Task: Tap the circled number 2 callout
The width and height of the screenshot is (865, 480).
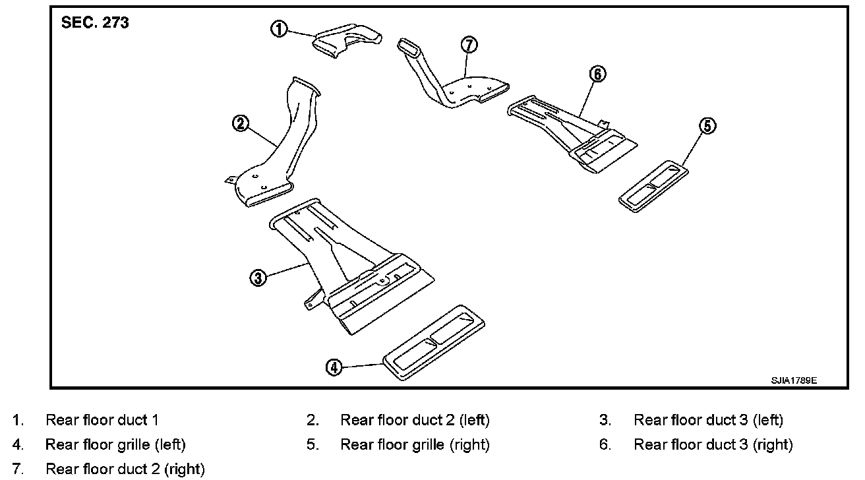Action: click(241, 123)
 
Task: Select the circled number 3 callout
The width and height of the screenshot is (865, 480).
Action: click(258, 278)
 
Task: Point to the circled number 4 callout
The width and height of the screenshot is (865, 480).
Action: click(334, 367)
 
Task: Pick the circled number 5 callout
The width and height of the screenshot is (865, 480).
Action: click(707, 126)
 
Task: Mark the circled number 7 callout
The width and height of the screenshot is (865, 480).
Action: click(469, 45)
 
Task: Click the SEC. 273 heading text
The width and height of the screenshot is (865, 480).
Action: click(95, 23)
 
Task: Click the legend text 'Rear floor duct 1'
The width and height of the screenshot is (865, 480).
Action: click(102, 420)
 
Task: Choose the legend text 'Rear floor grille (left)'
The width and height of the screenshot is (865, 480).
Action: click(115, 445)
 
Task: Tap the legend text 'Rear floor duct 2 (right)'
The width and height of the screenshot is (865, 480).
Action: click(125, 469)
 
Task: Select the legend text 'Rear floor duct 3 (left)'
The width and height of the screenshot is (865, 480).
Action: click(708, 420)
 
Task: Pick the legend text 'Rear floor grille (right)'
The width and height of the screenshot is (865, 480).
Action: click(415, 445)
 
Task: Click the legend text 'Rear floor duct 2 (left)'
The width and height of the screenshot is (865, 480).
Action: click(415, 420)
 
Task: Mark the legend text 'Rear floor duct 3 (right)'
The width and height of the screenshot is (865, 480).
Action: click(713, 445)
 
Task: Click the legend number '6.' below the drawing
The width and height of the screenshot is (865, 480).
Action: click(605, 445)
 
